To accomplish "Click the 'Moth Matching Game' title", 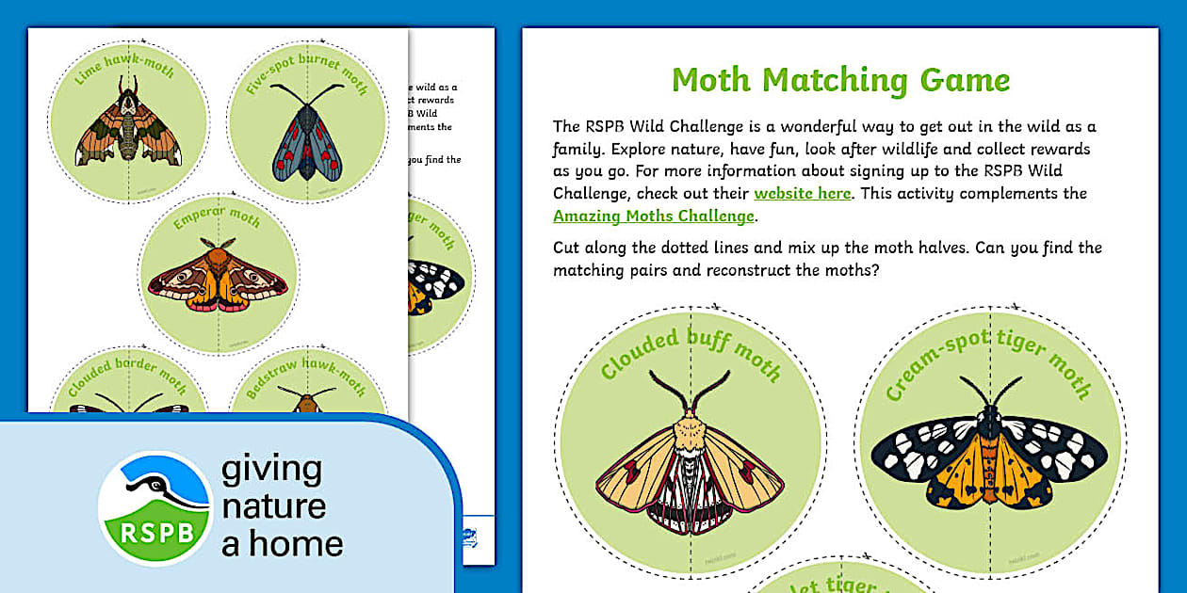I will tap(840, 81).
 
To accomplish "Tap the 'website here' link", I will tap(802, 194).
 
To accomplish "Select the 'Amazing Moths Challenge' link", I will tap(654, 216).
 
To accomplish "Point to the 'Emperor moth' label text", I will tap(217, 218).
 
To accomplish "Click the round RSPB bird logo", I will tap(155, 508).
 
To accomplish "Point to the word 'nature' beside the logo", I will tap(273, 506).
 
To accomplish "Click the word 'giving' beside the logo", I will tap(271, 469).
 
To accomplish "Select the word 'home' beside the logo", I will tap(296, 544).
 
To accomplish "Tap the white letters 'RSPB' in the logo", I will tap(155, 532).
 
